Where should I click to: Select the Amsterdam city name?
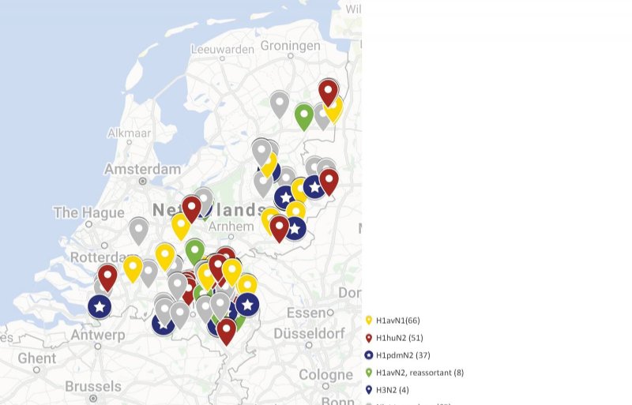pos(142,170)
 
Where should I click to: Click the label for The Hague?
pos(88,212)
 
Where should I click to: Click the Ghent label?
pos(37,358)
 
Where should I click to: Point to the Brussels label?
pos(92,387)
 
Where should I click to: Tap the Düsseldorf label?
pos(309,334)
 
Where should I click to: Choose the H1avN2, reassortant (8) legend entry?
pos(419,372)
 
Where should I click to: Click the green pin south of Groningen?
pos(304,115)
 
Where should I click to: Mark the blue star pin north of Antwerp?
pos(100,305)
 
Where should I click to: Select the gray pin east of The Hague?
pos(138,229)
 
